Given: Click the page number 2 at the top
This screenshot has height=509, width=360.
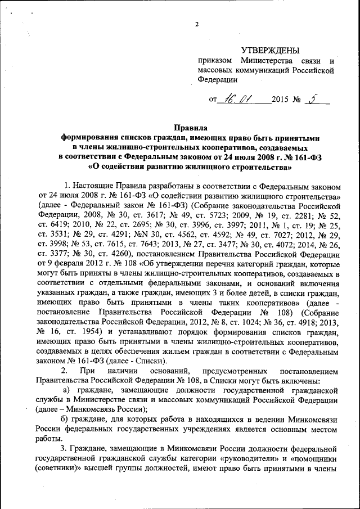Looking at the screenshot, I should click(x=197, y=24).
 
